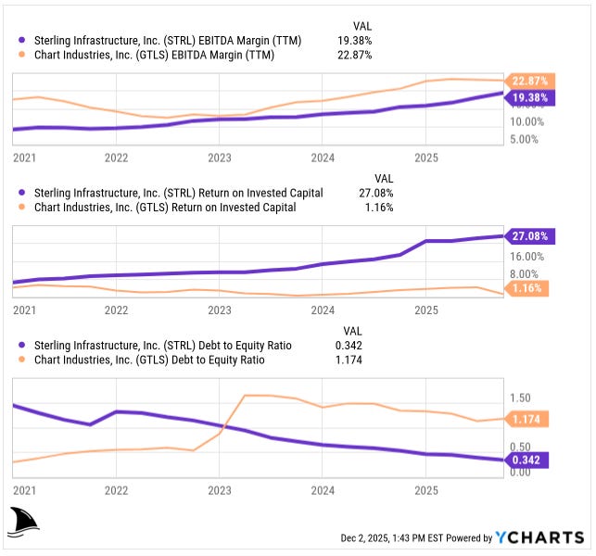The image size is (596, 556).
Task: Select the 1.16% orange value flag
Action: tap(529, 289)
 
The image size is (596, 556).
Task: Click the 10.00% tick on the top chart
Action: tap(526, 121)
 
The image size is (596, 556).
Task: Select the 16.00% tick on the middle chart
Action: tap(526, 256)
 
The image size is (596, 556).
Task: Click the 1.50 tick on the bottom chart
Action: tap(520, 398)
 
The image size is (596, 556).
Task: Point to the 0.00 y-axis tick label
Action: tap(520, 472)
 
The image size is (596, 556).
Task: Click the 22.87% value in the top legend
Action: tap(355, 55)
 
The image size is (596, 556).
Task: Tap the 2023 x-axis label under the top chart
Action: tap(220, 158)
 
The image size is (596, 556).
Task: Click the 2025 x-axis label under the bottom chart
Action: tap(425, 489)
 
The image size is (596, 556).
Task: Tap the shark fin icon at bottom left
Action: tap(24, 523)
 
